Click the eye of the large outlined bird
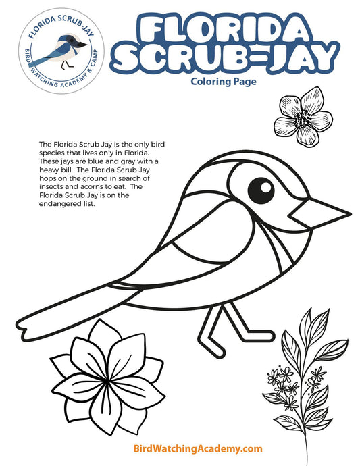pos(259,188)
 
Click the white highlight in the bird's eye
pos(265,184)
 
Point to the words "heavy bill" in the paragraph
pos(57,170)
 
